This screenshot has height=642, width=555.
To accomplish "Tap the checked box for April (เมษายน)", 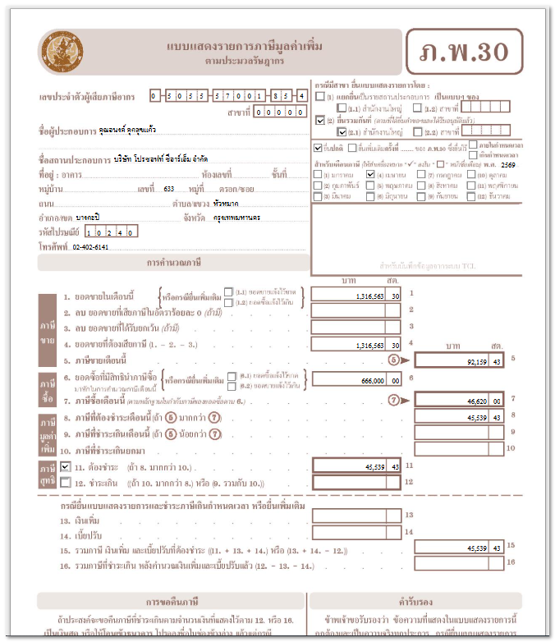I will click(x=370, y=175).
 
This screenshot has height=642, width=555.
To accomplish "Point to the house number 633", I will click(x=169, y=189).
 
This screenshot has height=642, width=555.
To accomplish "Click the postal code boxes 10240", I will click(x=106, y=232).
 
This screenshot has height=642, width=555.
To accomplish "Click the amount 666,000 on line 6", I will click(x=357, y=380).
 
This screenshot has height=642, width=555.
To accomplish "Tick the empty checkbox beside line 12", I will click(x=65, y=482).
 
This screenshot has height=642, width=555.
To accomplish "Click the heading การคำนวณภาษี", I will click(x=173, y=263).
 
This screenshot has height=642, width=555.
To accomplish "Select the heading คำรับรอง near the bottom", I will click(x=415, y=601).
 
